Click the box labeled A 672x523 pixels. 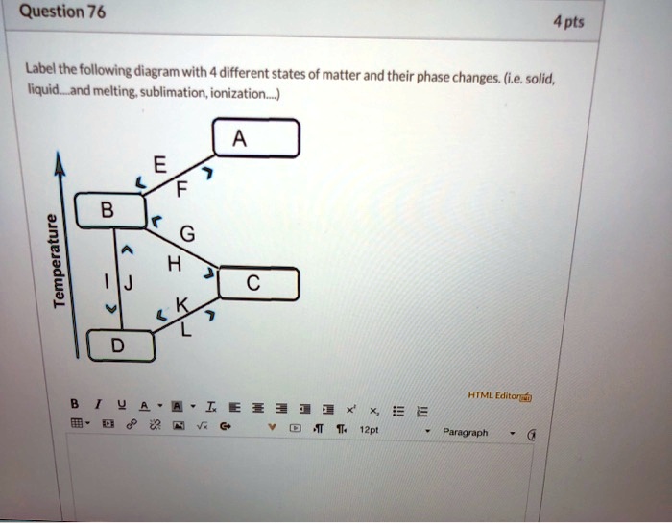[255, 140]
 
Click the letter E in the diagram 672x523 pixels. [159, 165]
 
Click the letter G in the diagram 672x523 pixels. [185, 234]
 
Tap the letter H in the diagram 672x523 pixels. [172, 263]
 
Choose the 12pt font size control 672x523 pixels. [369, 432]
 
